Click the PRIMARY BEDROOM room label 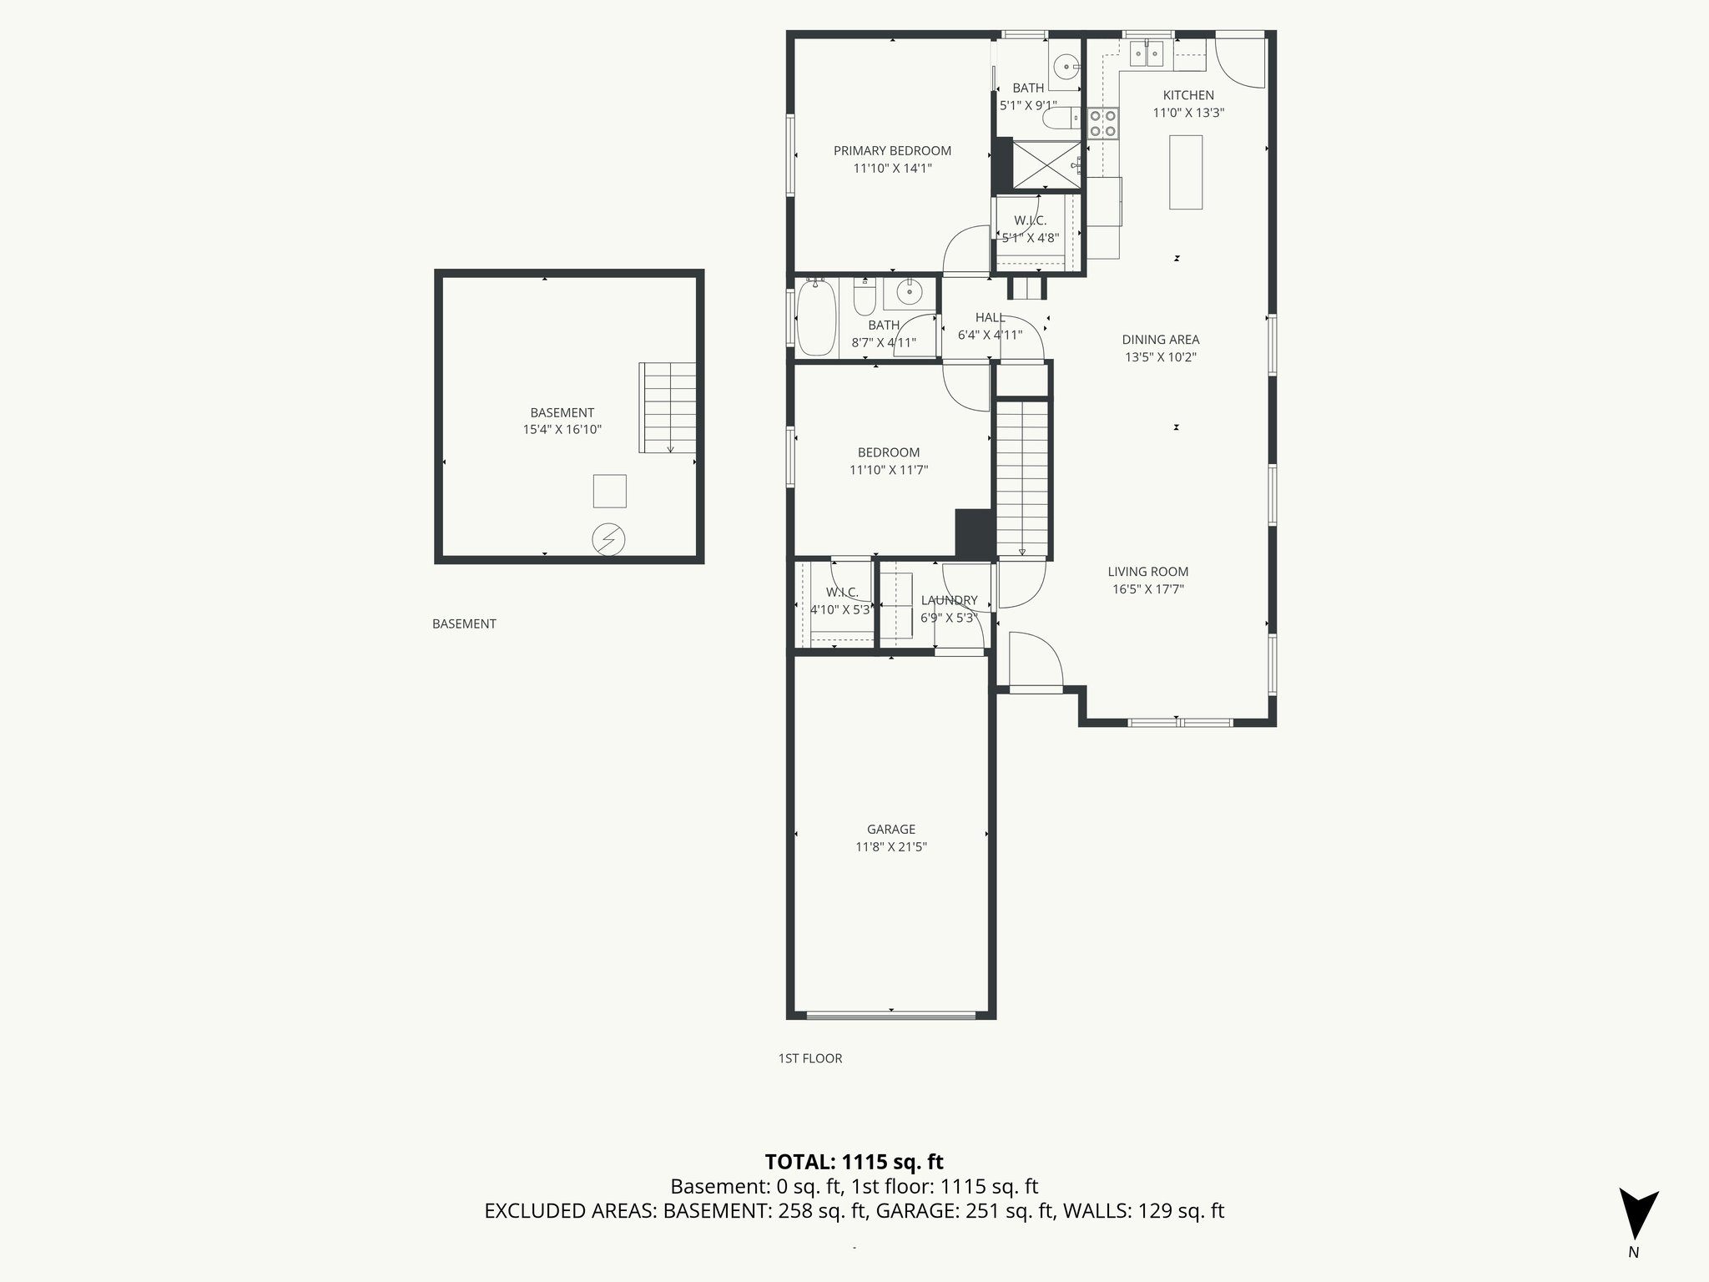click(892, 151)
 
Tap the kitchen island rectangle click(1185, 172)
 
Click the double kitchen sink click(1147, 55)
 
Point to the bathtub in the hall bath click(816, 320)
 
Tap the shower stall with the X click(1046, 165)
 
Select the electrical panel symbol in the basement click(608, 539)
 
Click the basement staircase click(668, 407)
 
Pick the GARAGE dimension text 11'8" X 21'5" click(891, 846)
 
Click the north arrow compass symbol click(1638, 1214)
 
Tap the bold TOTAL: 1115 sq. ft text click(854, 1162)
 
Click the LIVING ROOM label click(1147, 572)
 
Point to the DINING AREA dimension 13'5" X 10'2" click(1160, 357)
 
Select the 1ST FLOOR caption click(809, 1058)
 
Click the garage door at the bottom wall click(891, 1016)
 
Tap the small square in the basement click(609, 491)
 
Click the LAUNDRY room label click(949, 600)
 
